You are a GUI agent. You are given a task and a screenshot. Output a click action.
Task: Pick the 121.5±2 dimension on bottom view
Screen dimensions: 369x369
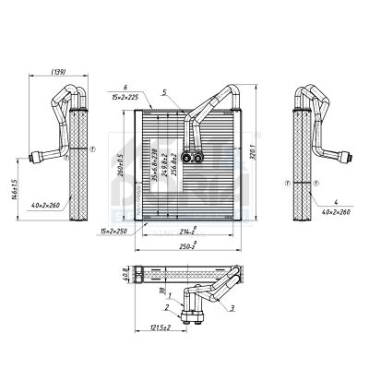click(x=162, y=328)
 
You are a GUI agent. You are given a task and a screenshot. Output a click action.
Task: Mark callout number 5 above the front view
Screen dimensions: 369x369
click(x=164, y=91)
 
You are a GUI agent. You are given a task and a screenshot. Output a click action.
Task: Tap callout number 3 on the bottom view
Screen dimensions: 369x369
click(x=232, y=307)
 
